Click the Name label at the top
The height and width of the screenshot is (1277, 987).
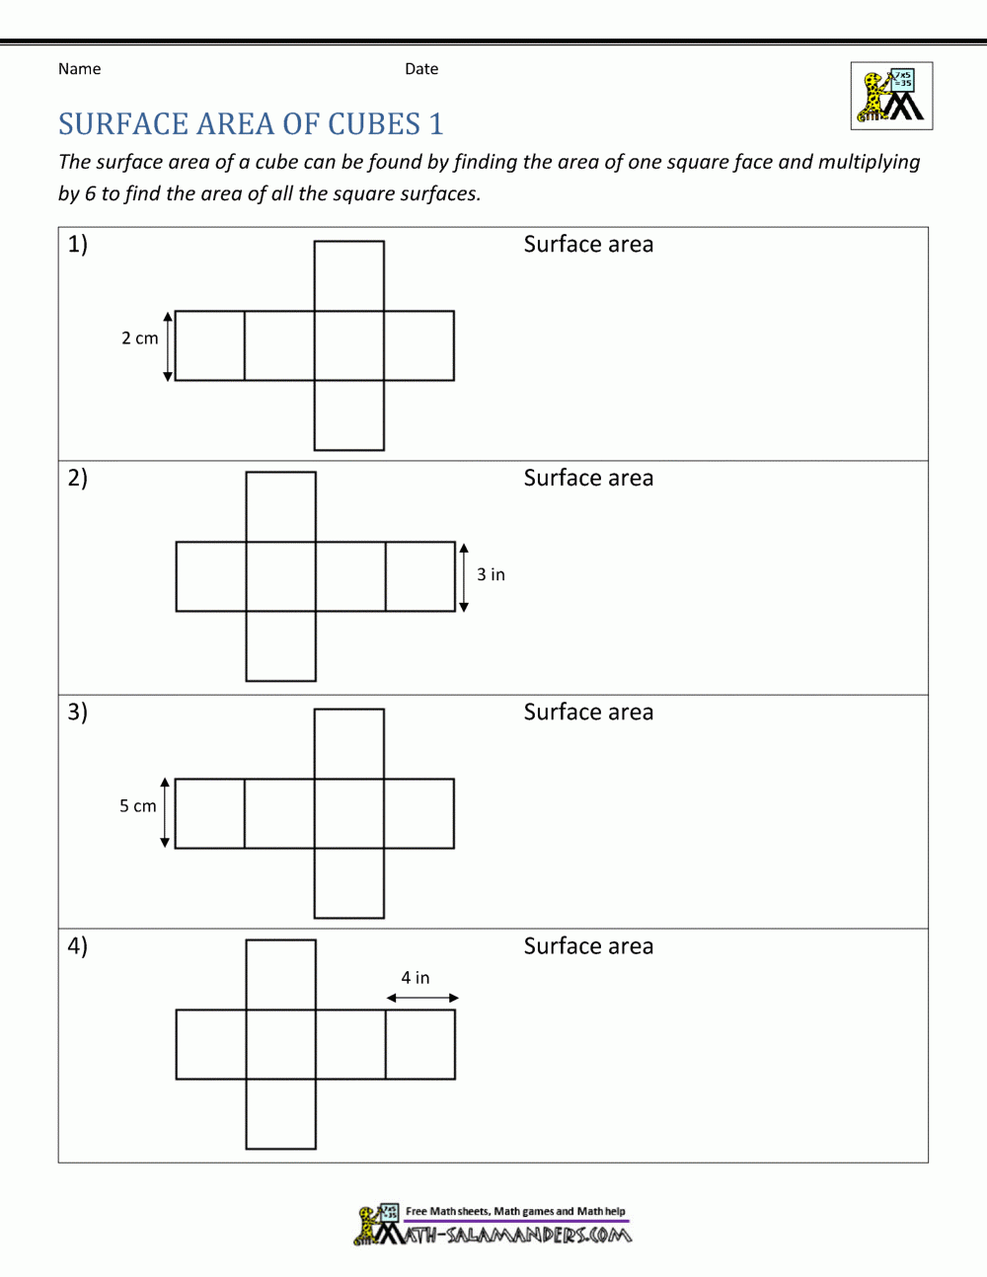coord(79,69)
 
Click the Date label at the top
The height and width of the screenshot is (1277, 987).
coord(421,69)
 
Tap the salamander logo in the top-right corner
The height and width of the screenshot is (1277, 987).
coord(891,97)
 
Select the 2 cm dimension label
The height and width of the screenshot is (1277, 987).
coord(139,338)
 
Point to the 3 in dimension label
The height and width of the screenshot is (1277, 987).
coord(491,574)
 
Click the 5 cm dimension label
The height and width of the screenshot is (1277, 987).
coord(138,806)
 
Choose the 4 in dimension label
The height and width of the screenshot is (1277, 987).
coord(415,978)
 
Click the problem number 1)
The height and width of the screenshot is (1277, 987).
coord(78,244)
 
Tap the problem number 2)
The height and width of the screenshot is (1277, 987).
coord(78,478)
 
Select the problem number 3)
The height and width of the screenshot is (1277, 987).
coord(78,712)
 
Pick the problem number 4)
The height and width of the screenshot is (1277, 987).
coord(78,945)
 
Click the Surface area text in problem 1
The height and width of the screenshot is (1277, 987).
coord(588,245)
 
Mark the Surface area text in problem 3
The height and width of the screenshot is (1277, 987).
coord(588,713)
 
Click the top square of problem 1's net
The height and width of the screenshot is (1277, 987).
coord(349,276)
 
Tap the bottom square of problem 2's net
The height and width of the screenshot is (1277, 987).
coord(281,646)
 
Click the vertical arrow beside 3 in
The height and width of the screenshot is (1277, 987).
coord(464,577)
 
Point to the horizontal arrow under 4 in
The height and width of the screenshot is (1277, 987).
coord(422,998)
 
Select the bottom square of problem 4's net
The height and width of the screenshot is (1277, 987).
coord(281,1114)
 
